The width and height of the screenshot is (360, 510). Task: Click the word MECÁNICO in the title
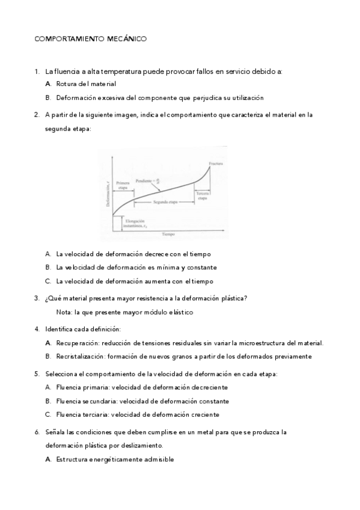pos(126,39)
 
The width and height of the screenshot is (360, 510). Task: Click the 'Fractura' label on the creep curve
pos(216,164)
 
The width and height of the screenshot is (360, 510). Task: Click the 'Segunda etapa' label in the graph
pos(165,203)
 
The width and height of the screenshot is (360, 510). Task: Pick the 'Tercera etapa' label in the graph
pos(203,196)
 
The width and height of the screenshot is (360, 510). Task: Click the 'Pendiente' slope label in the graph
pos(146,180)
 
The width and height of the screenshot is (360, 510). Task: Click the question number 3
pos(37,298)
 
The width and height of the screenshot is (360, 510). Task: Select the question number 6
pos(37,432)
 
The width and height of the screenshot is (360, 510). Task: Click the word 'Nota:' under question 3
pos(64,312)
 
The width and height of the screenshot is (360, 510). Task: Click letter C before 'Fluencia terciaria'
pos(47,414)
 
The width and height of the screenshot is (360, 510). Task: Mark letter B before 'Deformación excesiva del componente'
pos(47,97)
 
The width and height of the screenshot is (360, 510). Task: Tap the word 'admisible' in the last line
pos(157,459)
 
